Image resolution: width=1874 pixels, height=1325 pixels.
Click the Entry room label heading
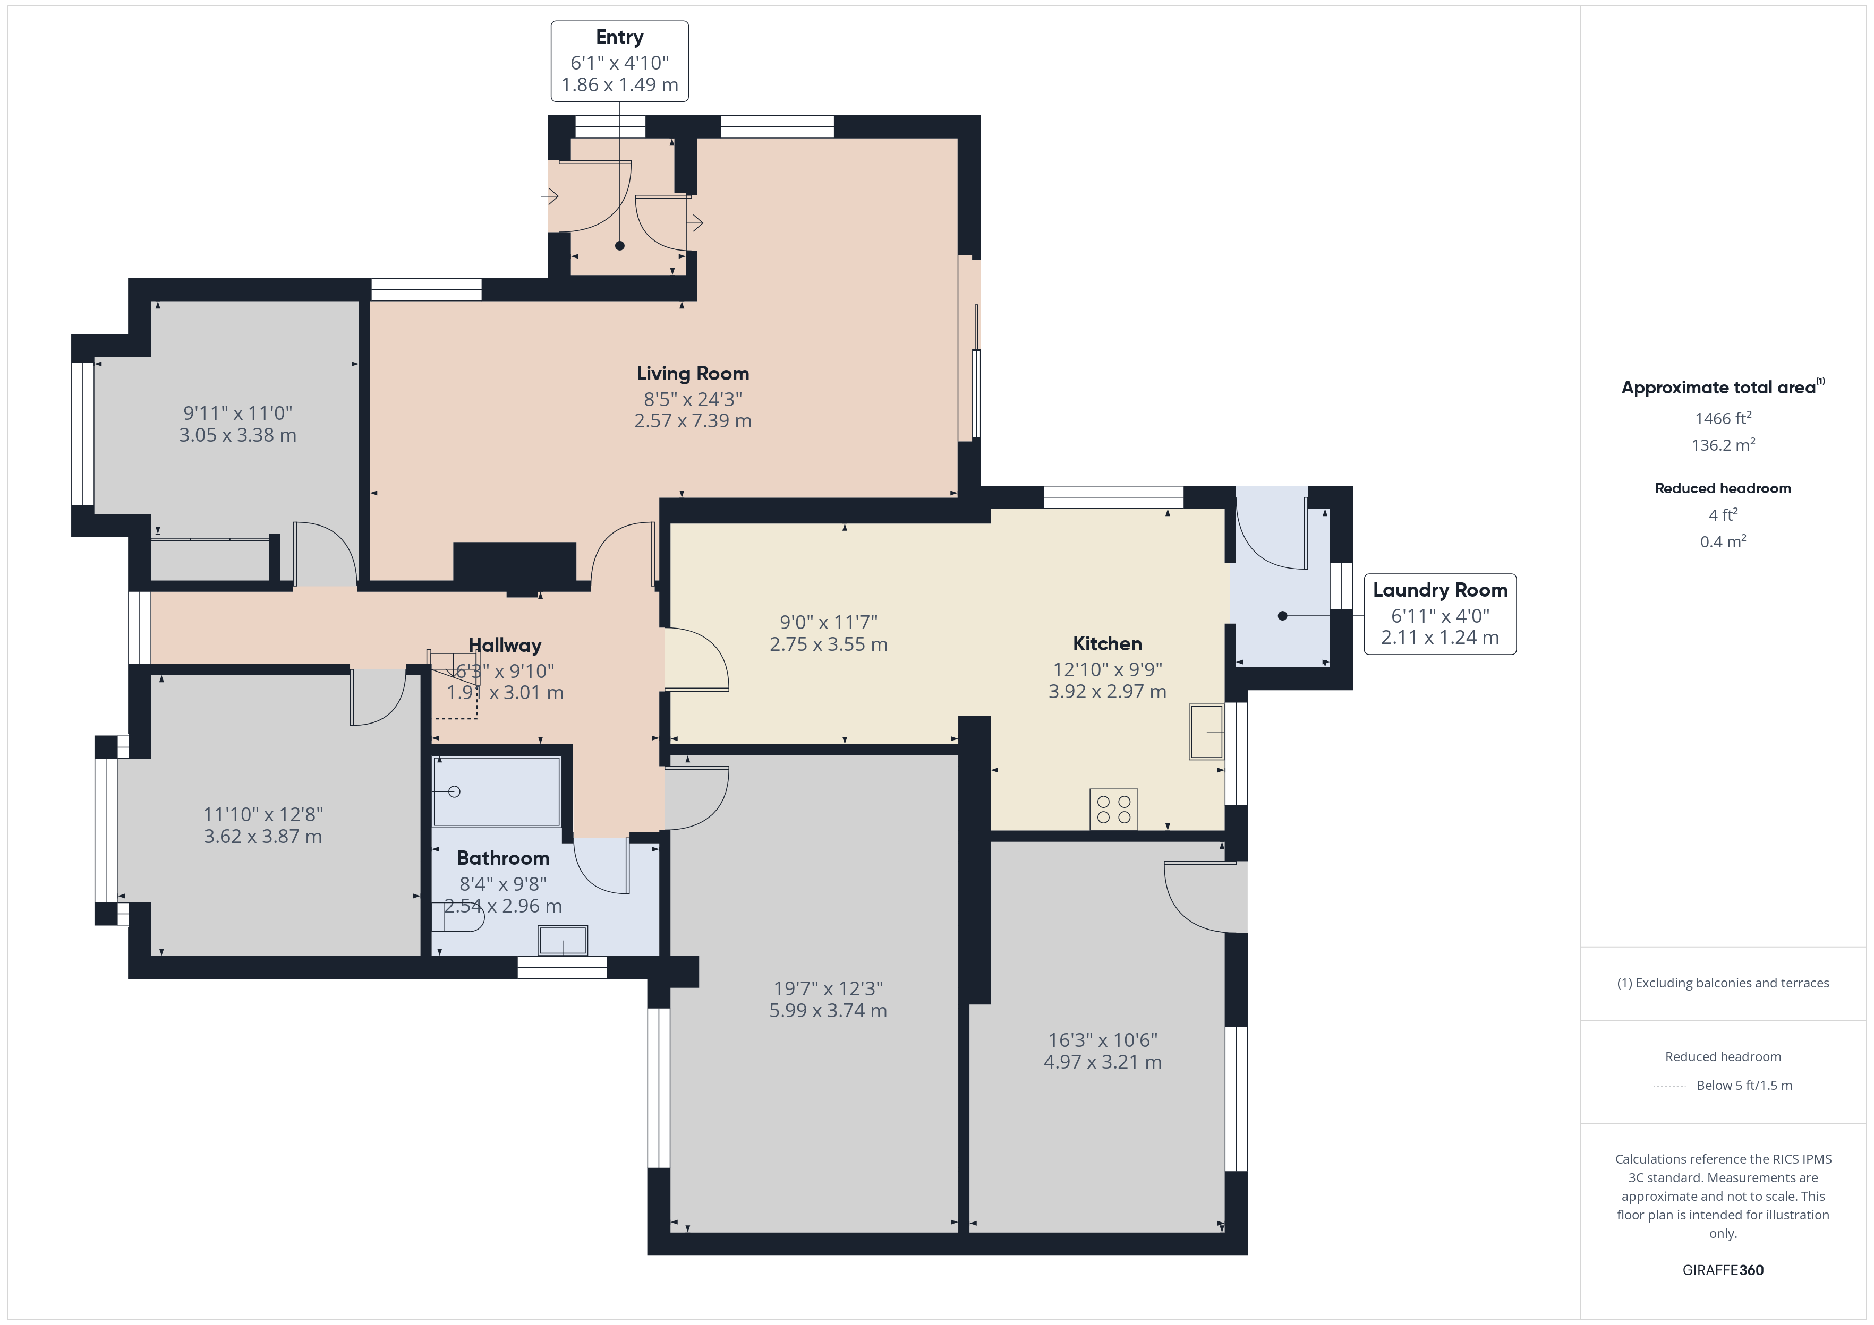tap(619, 38)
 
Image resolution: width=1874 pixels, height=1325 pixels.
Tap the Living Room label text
tap(693, 374)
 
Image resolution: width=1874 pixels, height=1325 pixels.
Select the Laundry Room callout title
tap(1440, 590)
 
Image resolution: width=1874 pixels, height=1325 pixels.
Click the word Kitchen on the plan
tap(1107, 644)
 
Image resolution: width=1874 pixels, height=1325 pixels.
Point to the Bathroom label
tap(503, 858)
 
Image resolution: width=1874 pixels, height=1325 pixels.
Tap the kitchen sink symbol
tap(1206, 732)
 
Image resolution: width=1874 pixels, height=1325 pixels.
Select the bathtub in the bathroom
tap(496, 791)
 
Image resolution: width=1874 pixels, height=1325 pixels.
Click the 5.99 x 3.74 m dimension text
tap(828, 1011)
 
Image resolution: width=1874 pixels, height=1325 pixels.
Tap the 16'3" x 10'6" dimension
tap(1103, 1040)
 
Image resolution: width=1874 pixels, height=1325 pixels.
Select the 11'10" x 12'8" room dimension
tap(263, 814)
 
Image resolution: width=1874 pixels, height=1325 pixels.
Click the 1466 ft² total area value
tap(1723, 418)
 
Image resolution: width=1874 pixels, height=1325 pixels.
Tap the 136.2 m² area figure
tap(1723, 445)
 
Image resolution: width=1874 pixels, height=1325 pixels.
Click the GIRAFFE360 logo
tap(1723, 1270)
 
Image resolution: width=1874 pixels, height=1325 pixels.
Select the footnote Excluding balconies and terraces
tap(1723, 983)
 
